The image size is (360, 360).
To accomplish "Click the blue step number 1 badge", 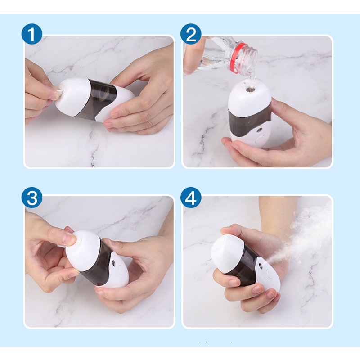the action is click(x=32, y=34).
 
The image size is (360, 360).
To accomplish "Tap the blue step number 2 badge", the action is click(x=191, y=34).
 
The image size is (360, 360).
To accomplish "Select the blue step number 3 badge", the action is click(x=32, y=198).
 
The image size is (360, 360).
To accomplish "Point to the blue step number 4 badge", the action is click(x=191, y=198).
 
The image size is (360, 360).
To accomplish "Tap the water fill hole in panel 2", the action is click(x=250, y=89).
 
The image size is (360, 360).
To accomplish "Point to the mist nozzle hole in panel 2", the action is click(x=259, y=130).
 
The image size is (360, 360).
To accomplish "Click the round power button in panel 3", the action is click(x=120, y=269).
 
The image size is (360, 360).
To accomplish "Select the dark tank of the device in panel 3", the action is click(x=98, y=264).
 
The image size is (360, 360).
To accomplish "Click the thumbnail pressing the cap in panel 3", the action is click(x=69, y=237).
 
